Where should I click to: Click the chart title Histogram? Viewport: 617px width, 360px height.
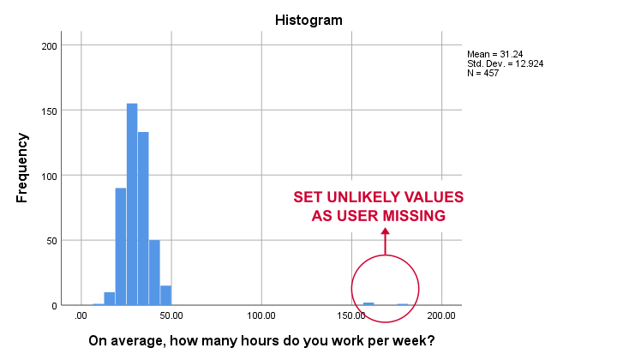[308, 20]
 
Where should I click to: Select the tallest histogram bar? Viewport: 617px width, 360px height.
[132, 204]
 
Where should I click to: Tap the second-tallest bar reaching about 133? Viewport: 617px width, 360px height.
[143, 219]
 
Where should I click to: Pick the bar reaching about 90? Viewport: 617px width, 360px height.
[121, 247]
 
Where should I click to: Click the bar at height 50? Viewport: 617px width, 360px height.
[154, 273]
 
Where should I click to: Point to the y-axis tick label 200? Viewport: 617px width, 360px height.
[49, 46]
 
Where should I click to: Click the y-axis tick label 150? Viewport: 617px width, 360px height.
[49, 111]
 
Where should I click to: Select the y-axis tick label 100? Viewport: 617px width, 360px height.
[49, 177]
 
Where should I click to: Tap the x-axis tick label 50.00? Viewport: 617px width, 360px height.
[171, 315]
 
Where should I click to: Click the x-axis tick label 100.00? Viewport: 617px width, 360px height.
[261, 315]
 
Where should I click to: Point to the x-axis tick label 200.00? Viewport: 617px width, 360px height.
[441, 315]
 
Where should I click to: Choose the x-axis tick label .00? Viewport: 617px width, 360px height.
[81, 315]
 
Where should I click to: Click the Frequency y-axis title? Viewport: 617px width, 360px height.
[22, 168]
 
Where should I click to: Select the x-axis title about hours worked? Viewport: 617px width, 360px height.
[261, 340]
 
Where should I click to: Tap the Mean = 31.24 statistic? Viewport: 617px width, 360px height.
[495, 54]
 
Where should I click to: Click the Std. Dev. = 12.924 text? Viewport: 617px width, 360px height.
[506, 63]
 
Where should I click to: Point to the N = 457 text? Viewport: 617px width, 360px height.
[482, 73]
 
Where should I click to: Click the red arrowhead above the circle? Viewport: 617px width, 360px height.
[386, 231]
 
